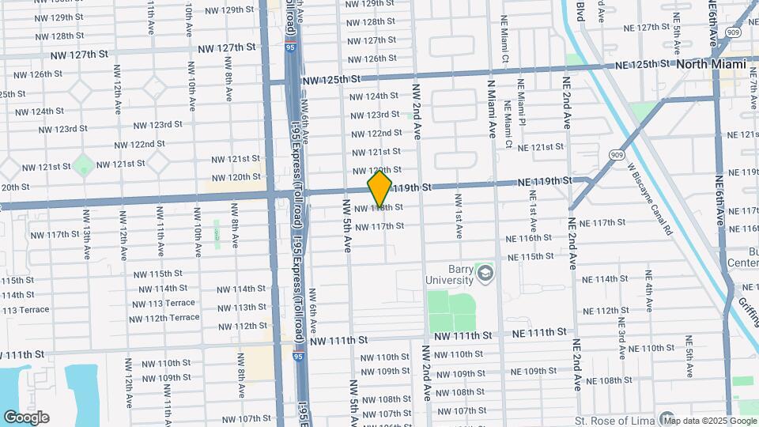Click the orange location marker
click(x=380, y=189)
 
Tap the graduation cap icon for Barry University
click(x=484, y=274)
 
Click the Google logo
click(x=26, y=417)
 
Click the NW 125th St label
click(x=330, y=80)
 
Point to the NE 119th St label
click(x=544, y=182)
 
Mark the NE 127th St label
click(x=651, y=27)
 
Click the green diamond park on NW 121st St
click(x=83, y=165)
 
